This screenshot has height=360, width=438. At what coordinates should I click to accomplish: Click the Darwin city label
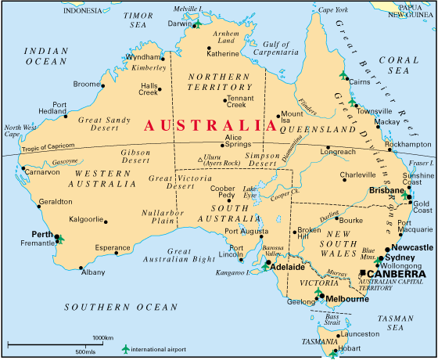click(179, 23)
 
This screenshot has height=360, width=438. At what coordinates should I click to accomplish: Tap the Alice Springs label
click(238, 142)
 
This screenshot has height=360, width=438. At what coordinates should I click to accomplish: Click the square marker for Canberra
click(362, 273)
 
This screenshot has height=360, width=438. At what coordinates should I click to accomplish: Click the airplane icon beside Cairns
click(343, 74)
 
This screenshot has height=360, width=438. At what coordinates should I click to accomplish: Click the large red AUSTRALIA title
click(205, 125)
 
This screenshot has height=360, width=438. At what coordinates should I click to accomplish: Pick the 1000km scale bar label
click(103, 337)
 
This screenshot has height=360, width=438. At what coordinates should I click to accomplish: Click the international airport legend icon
click(125, 347)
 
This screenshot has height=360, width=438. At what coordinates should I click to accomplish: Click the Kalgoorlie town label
click(86, 219)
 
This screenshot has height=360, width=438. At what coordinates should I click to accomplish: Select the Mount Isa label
click(291, 117)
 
